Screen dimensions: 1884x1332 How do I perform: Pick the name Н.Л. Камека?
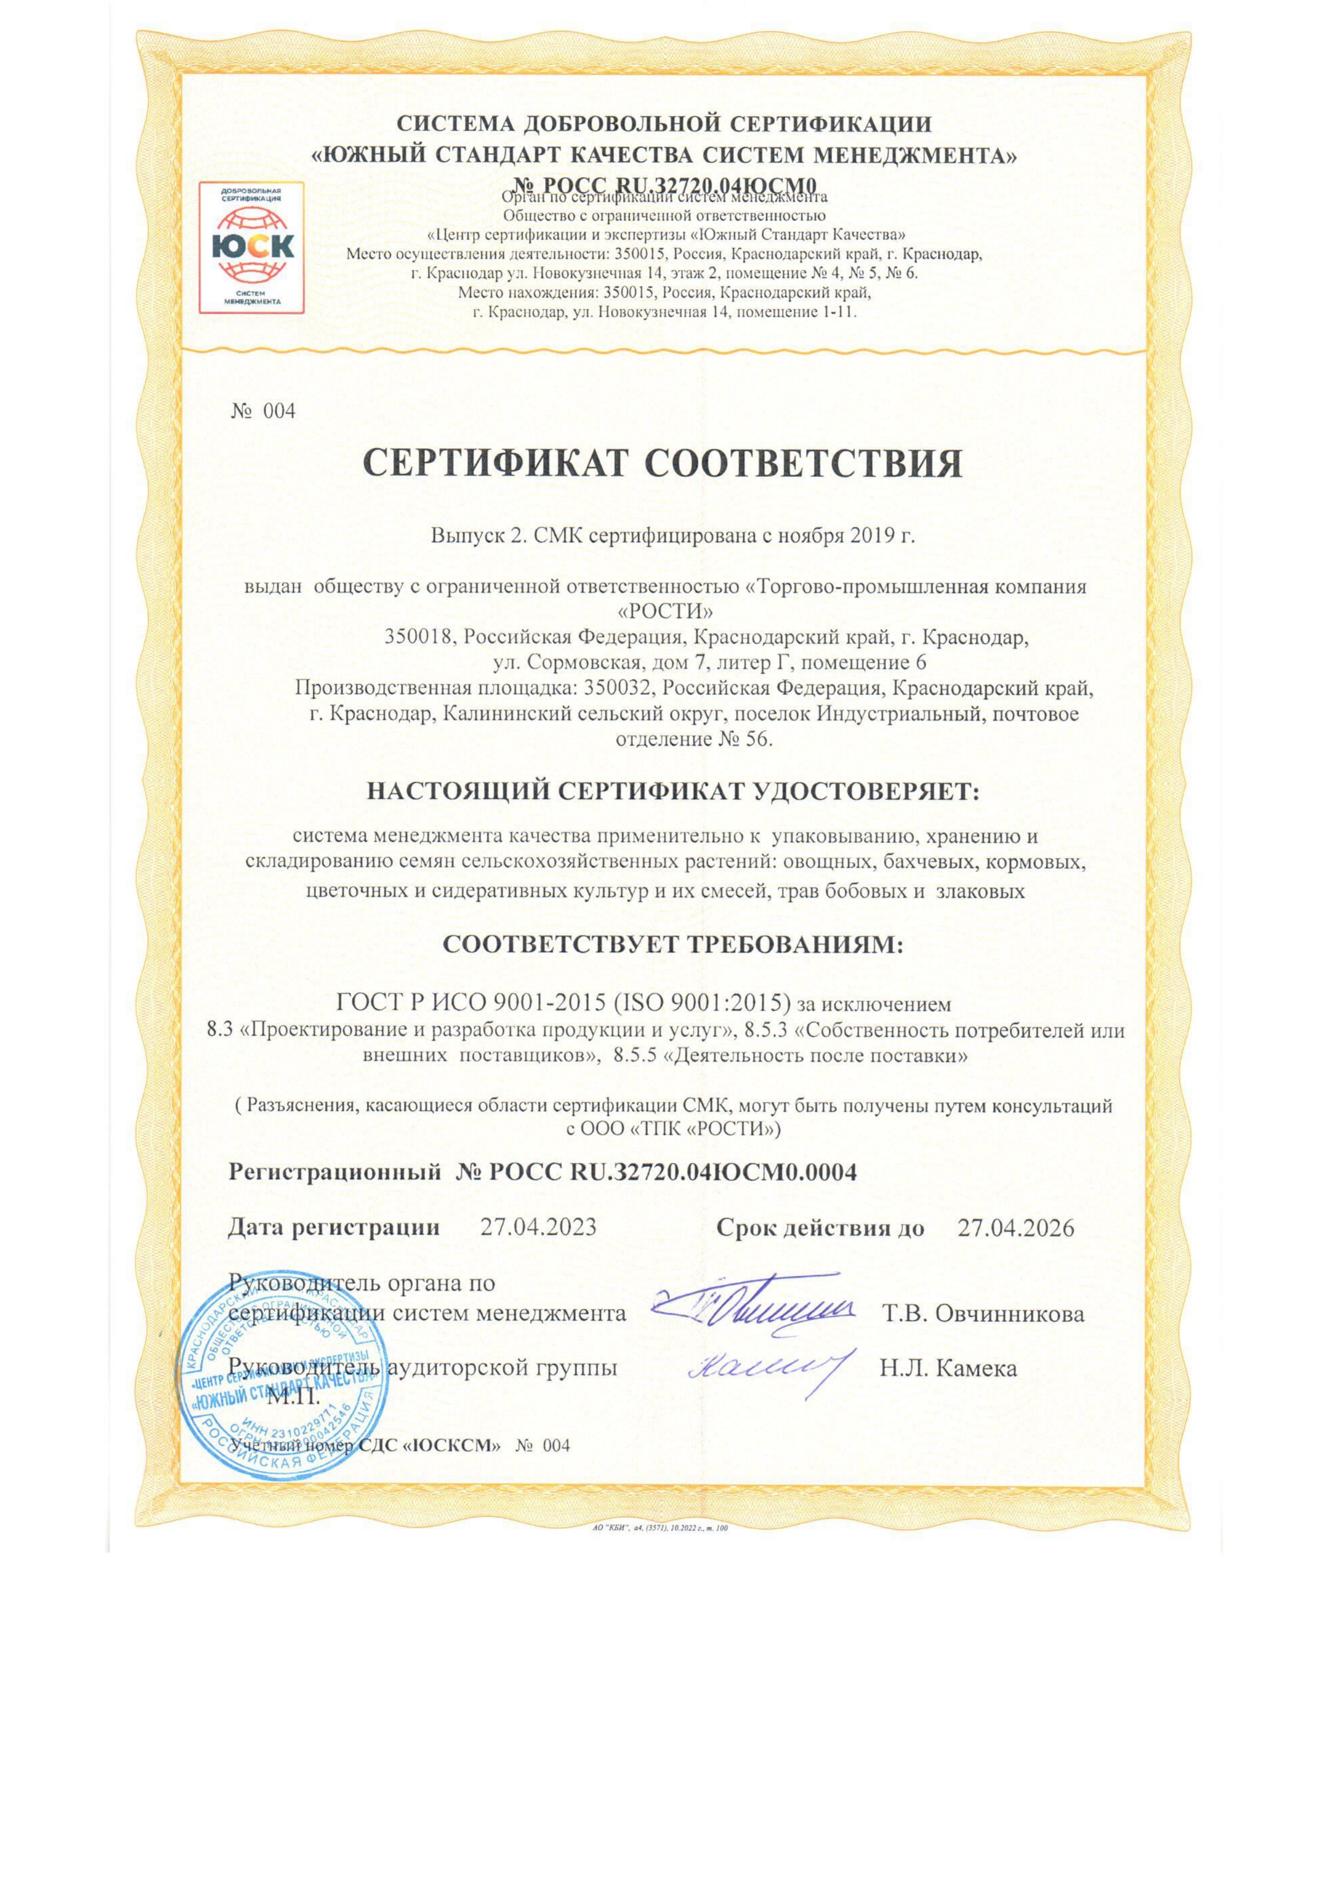point(948,1368)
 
